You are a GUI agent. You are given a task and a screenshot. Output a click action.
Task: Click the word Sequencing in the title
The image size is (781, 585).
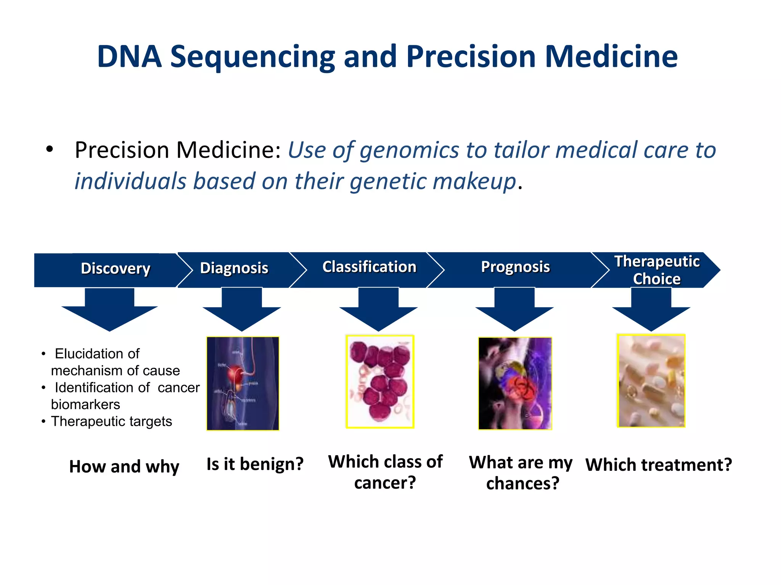click(x=252, y=57)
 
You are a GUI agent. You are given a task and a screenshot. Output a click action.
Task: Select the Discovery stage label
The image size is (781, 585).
click(x=116, y=269)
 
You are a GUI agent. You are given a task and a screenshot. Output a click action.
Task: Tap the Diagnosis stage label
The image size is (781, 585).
click(x=234, y=268)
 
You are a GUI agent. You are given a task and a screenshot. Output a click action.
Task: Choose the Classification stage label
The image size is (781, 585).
click(x=369, y=267)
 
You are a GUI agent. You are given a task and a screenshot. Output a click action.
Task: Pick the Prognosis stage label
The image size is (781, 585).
click(x=515, y=267)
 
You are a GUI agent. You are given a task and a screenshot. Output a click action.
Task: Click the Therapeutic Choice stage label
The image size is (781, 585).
click(x=657, y=270)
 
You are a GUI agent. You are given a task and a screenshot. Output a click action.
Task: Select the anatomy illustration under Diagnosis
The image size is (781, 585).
click(x=243, y=383)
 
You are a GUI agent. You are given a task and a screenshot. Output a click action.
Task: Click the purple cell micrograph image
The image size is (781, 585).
click(x=380, y=382)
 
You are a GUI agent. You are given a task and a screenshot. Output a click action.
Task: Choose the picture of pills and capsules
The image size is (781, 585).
click(x=651, y=381)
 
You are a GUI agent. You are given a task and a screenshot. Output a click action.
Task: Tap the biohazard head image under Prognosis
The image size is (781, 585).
click(x=515, y=383)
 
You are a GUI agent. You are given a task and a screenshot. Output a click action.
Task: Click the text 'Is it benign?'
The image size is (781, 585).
click(x=255, y=464)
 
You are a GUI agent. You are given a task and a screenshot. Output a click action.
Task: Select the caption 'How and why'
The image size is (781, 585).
click(x=124, y=467)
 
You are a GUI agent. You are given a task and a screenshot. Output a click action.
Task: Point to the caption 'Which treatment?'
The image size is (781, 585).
click(x=659, y=465)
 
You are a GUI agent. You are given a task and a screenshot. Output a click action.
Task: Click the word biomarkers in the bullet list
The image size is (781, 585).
click(x=85, y=404)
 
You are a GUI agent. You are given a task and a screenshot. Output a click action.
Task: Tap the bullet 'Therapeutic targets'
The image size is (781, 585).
click(x=111, y=421)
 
